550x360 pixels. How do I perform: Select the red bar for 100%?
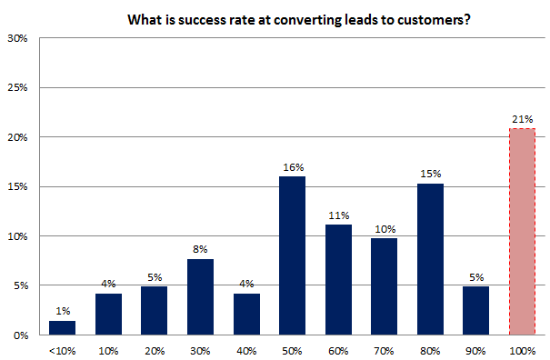[x=522, y=232]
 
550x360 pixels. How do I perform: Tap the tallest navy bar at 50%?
[x=291, y=255]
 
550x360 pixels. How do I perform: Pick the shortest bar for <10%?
[x=62, y=327]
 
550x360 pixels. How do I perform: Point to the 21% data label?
[x=522, y=120]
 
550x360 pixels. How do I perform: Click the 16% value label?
[x=292, y=168]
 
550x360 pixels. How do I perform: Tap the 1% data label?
[x=62, y=313]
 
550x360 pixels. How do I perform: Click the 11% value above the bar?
[x=337, y=216]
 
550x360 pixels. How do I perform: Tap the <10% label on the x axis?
[x=62, y=349]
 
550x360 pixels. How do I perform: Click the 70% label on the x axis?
[x=384, y=349]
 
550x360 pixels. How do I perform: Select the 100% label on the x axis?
[x=522, y=349]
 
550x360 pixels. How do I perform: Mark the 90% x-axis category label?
[x=475, y=349]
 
